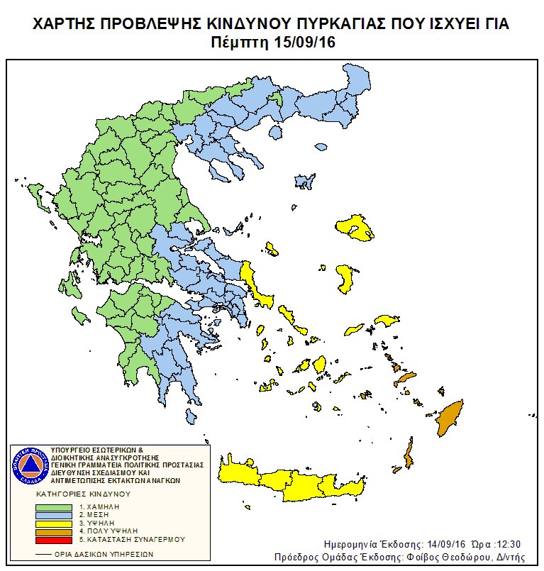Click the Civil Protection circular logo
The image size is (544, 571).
click(x=30, y=465)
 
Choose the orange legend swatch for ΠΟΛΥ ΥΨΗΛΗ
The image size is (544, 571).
click(x=57, y=531)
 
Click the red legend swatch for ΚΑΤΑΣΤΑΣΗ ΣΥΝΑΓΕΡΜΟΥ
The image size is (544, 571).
click(x=57, y=539)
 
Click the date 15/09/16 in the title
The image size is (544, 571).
click(x=304, y=43)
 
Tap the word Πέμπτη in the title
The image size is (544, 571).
click(x=240, y=43)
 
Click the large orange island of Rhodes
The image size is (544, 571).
click(x=448, y=418)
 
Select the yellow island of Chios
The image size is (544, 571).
click(x=345, y=278)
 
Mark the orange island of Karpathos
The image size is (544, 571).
click(x=409, y=453)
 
